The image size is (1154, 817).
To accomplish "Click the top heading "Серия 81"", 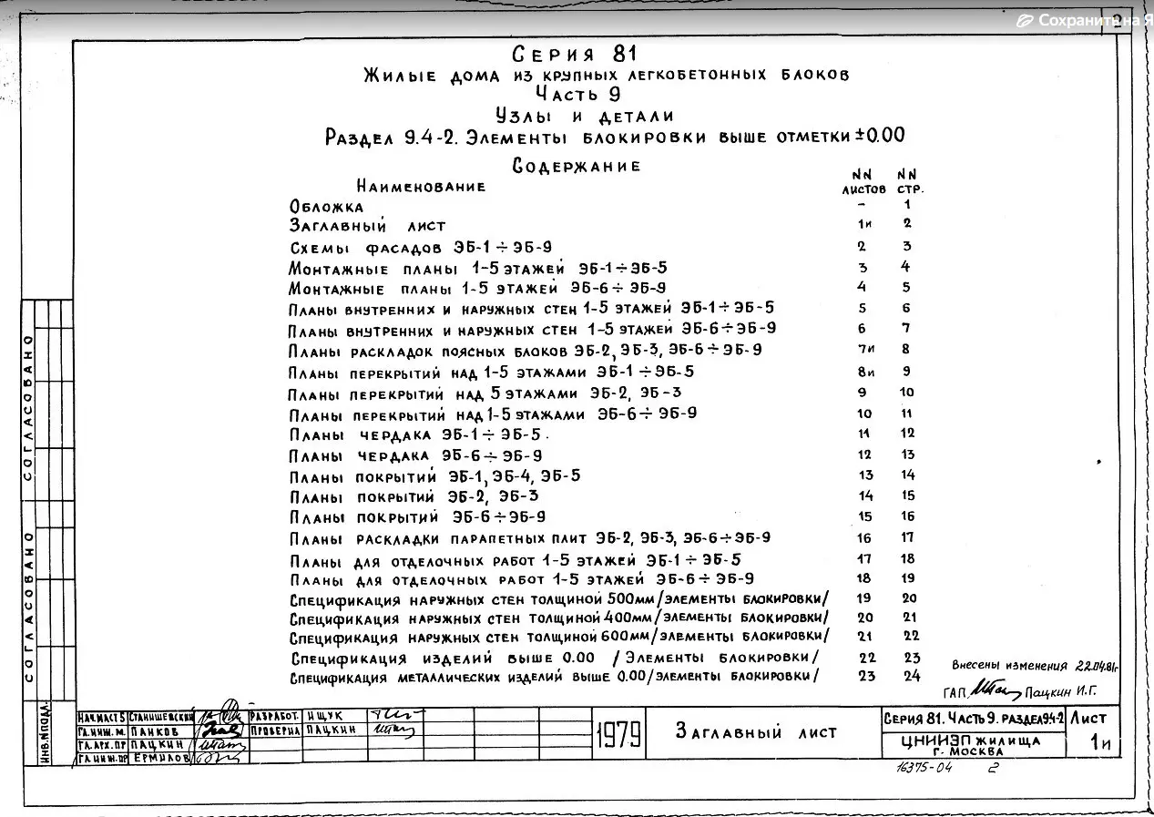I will pyautogui.click(x=575, y=53).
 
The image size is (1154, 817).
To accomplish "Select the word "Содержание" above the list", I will pyautogui.click(x=577, y=166).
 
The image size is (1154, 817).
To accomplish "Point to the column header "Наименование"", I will pyautogui.click(x=421, y=187).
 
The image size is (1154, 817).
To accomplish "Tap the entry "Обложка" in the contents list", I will pyautogui.click(x=326, y=207).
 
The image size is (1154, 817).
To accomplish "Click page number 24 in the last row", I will pyautogui.click(x=912, y=676).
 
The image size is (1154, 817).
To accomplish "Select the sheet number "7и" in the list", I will pyautogui.click(x=865, y=350).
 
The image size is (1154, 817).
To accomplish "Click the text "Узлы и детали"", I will pyautogui.click(x=585, y=115).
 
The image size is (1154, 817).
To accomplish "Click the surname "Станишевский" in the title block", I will pyautogui.click(x=161, y=716).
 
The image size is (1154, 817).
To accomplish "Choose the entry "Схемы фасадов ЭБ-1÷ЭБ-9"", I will pyautogui.click(x=420, y=247).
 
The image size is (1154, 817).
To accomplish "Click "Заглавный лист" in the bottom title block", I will pyautogui.click(x=756, y=732).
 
